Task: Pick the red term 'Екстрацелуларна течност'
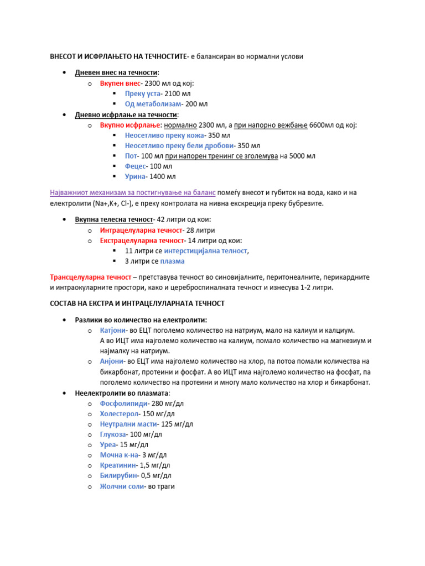click(142, 240)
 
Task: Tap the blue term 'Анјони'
click(112, 361)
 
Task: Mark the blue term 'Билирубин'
click(118, 476)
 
